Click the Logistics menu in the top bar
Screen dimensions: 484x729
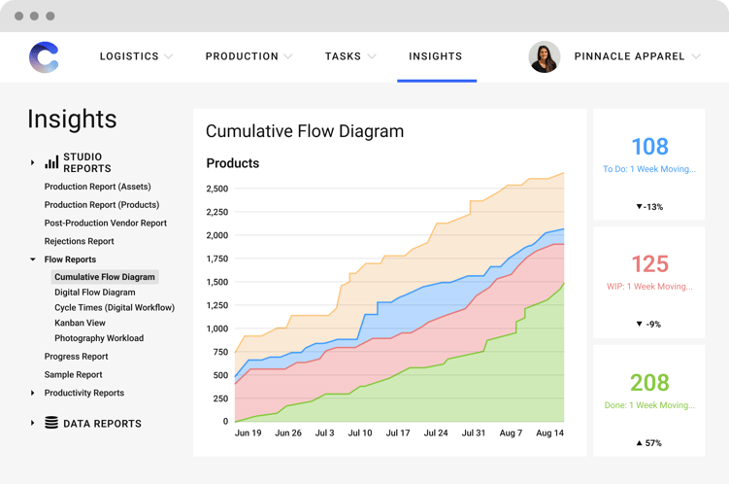[129, 56]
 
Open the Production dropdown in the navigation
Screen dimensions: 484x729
[242, 56]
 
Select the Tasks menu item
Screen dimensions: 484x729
[343, 56]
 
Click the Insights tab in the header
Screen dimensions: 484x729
[436, 56]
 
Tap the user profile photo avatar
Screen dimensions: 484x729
[544, 57]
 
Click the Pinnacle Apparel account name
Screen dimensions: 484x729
[629, 56]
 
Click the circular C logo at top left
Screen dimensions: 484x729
[44, 57]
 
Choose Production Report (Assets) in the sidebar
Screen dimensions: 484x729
[97, 187]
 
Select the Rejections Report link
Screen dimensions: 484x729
[79, 241]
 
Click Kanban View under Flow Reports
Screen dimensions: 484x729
[80, 323]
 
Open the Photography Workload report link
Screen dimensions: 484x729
[99, 338]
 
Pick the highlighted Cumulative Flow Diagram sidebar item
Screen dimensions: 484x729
[104, 277]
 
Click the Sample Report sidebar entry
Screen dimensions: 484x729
[73, 374]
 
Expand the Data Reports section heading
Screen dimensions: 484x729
[102, 424]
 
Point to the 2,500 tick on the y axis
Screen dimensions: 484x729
[216, 189]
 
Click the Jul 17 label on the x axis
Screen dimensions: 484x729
[398, 433]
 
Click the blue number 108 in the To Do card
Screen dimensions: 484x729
[649, 147]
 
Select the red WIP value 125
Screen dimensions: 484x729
[649, 264]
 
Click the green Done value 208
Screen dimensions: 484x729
[649, 383]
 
